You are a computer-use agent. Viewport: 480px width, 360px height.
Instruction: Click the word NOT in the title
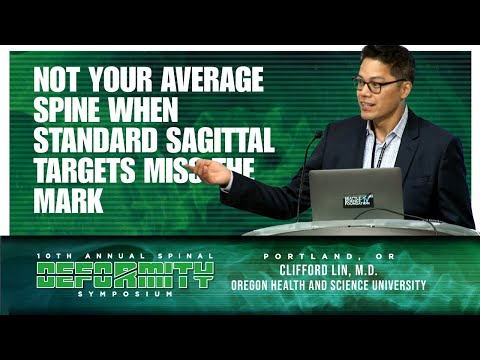pos(57,78)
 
